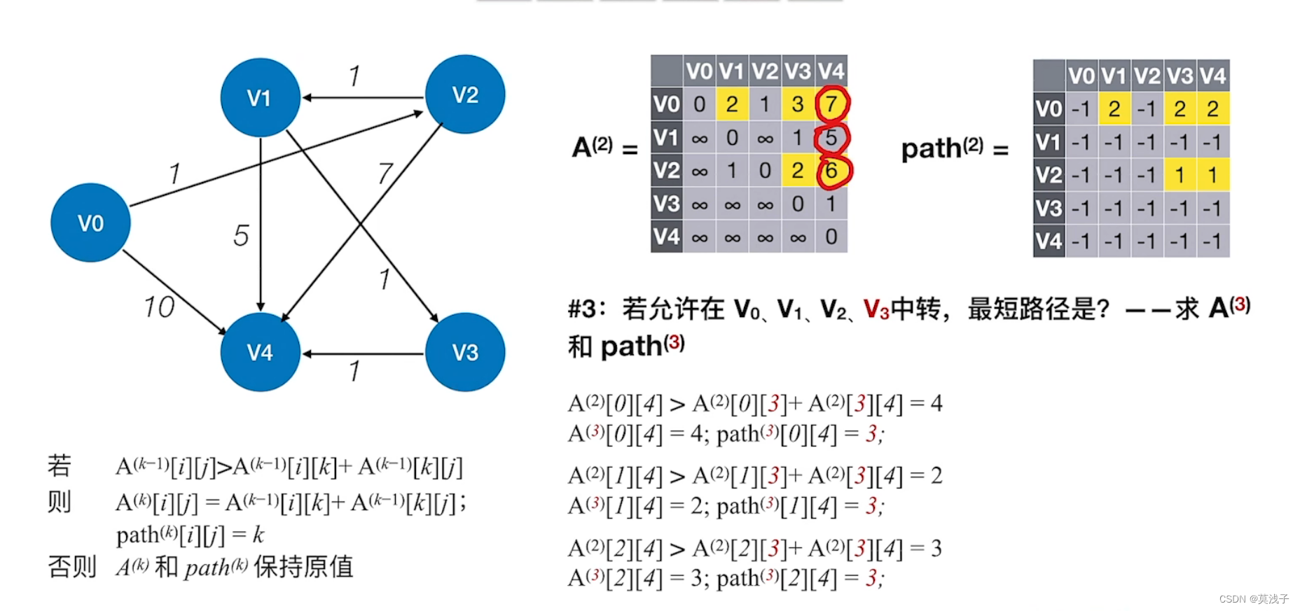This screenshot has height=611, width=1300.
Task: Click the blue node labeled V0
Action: pyautogui.click(x=90, y=223)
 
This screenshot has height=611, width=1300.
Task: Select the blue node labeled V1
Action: pyautogui.click(x=260, y=97)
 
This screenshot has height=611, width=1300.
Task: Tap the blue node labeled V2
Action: pyautogui.click(x=465, y=94)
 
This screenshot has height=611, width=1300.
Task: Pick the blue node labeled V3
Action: pyautogui.click(x=465, y=351)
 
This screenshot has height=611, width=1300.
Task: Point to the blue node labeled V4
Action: pyautogui.click(x=260, y=351)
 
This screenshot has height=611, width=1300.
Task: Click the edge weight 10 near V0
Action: pyautogui.click(x=159, y=307)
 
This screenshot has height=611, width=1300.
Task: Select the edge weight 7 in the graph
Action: pyautogui.click(x=385, y=173)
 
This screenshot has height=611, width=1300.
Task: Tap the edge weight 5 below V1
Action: pyautogui.click(x=241, y=235)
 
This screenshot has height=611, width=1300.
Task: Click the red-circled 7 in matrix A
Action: pyautogui.click(x=831, y=104)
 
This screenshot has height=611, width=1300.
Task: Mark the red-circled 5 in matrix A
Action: pyautogui.click(x=831, y=138)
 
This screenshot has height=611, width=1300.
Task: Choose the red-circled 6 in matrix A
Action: pyautogui.click(x=831, y=171)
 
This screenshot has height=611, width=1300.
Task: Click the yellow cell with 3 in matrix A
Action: pyautogui.click(x=798, y=104)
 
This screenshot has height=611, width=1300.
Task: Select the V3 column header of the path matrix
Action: pyautogui.click(x=1180, y=76)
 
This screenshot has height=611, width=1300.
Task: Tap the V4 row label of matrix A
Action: pyautogui.click(x=666, y=237)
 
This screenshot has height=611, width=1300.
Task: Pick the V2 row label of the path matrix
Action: pyautogui.click(x=1049, y=175)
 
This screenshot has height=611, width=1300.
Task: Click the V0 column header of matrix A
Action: pyautogui.click(x=699, y=71)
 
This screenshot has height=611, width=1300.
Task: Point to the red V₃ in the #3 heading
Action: pyautogui.click(x=876, y=309)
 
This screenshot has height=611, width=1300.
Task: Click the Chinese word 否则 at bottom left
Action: pyautogui.click(x=71, y=566)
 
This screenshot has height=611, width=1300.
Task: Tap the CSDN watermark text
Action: pyautogui.click(x=1253, y=599)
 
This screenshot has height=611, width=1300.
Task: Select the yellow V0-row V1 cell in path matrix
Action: pyautogui.click(x=1114, y=109)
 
